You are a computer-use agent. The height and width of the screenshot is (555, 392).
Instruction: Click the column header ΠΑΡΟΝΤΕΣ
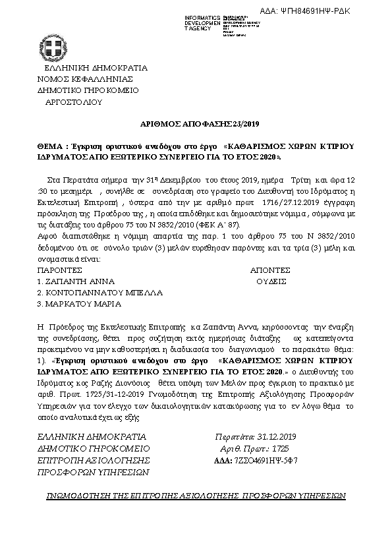coord(59,270)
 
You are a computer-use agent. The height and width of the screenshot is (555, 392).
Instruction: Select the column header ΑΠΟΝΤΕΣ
coord(270,270)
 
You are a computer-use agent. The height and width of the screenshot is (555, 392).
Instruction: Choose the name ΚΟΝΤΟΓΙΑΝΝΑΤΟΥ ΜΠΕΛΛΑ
coord(99,292)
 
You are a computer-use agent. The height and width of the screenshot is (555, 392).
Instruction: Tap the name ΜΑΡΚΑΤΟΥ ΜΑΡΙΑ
coord(79,304)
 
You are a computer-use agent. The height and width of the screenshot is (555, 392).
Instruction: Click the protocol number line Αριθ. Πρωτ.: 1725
coord(253,448)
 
